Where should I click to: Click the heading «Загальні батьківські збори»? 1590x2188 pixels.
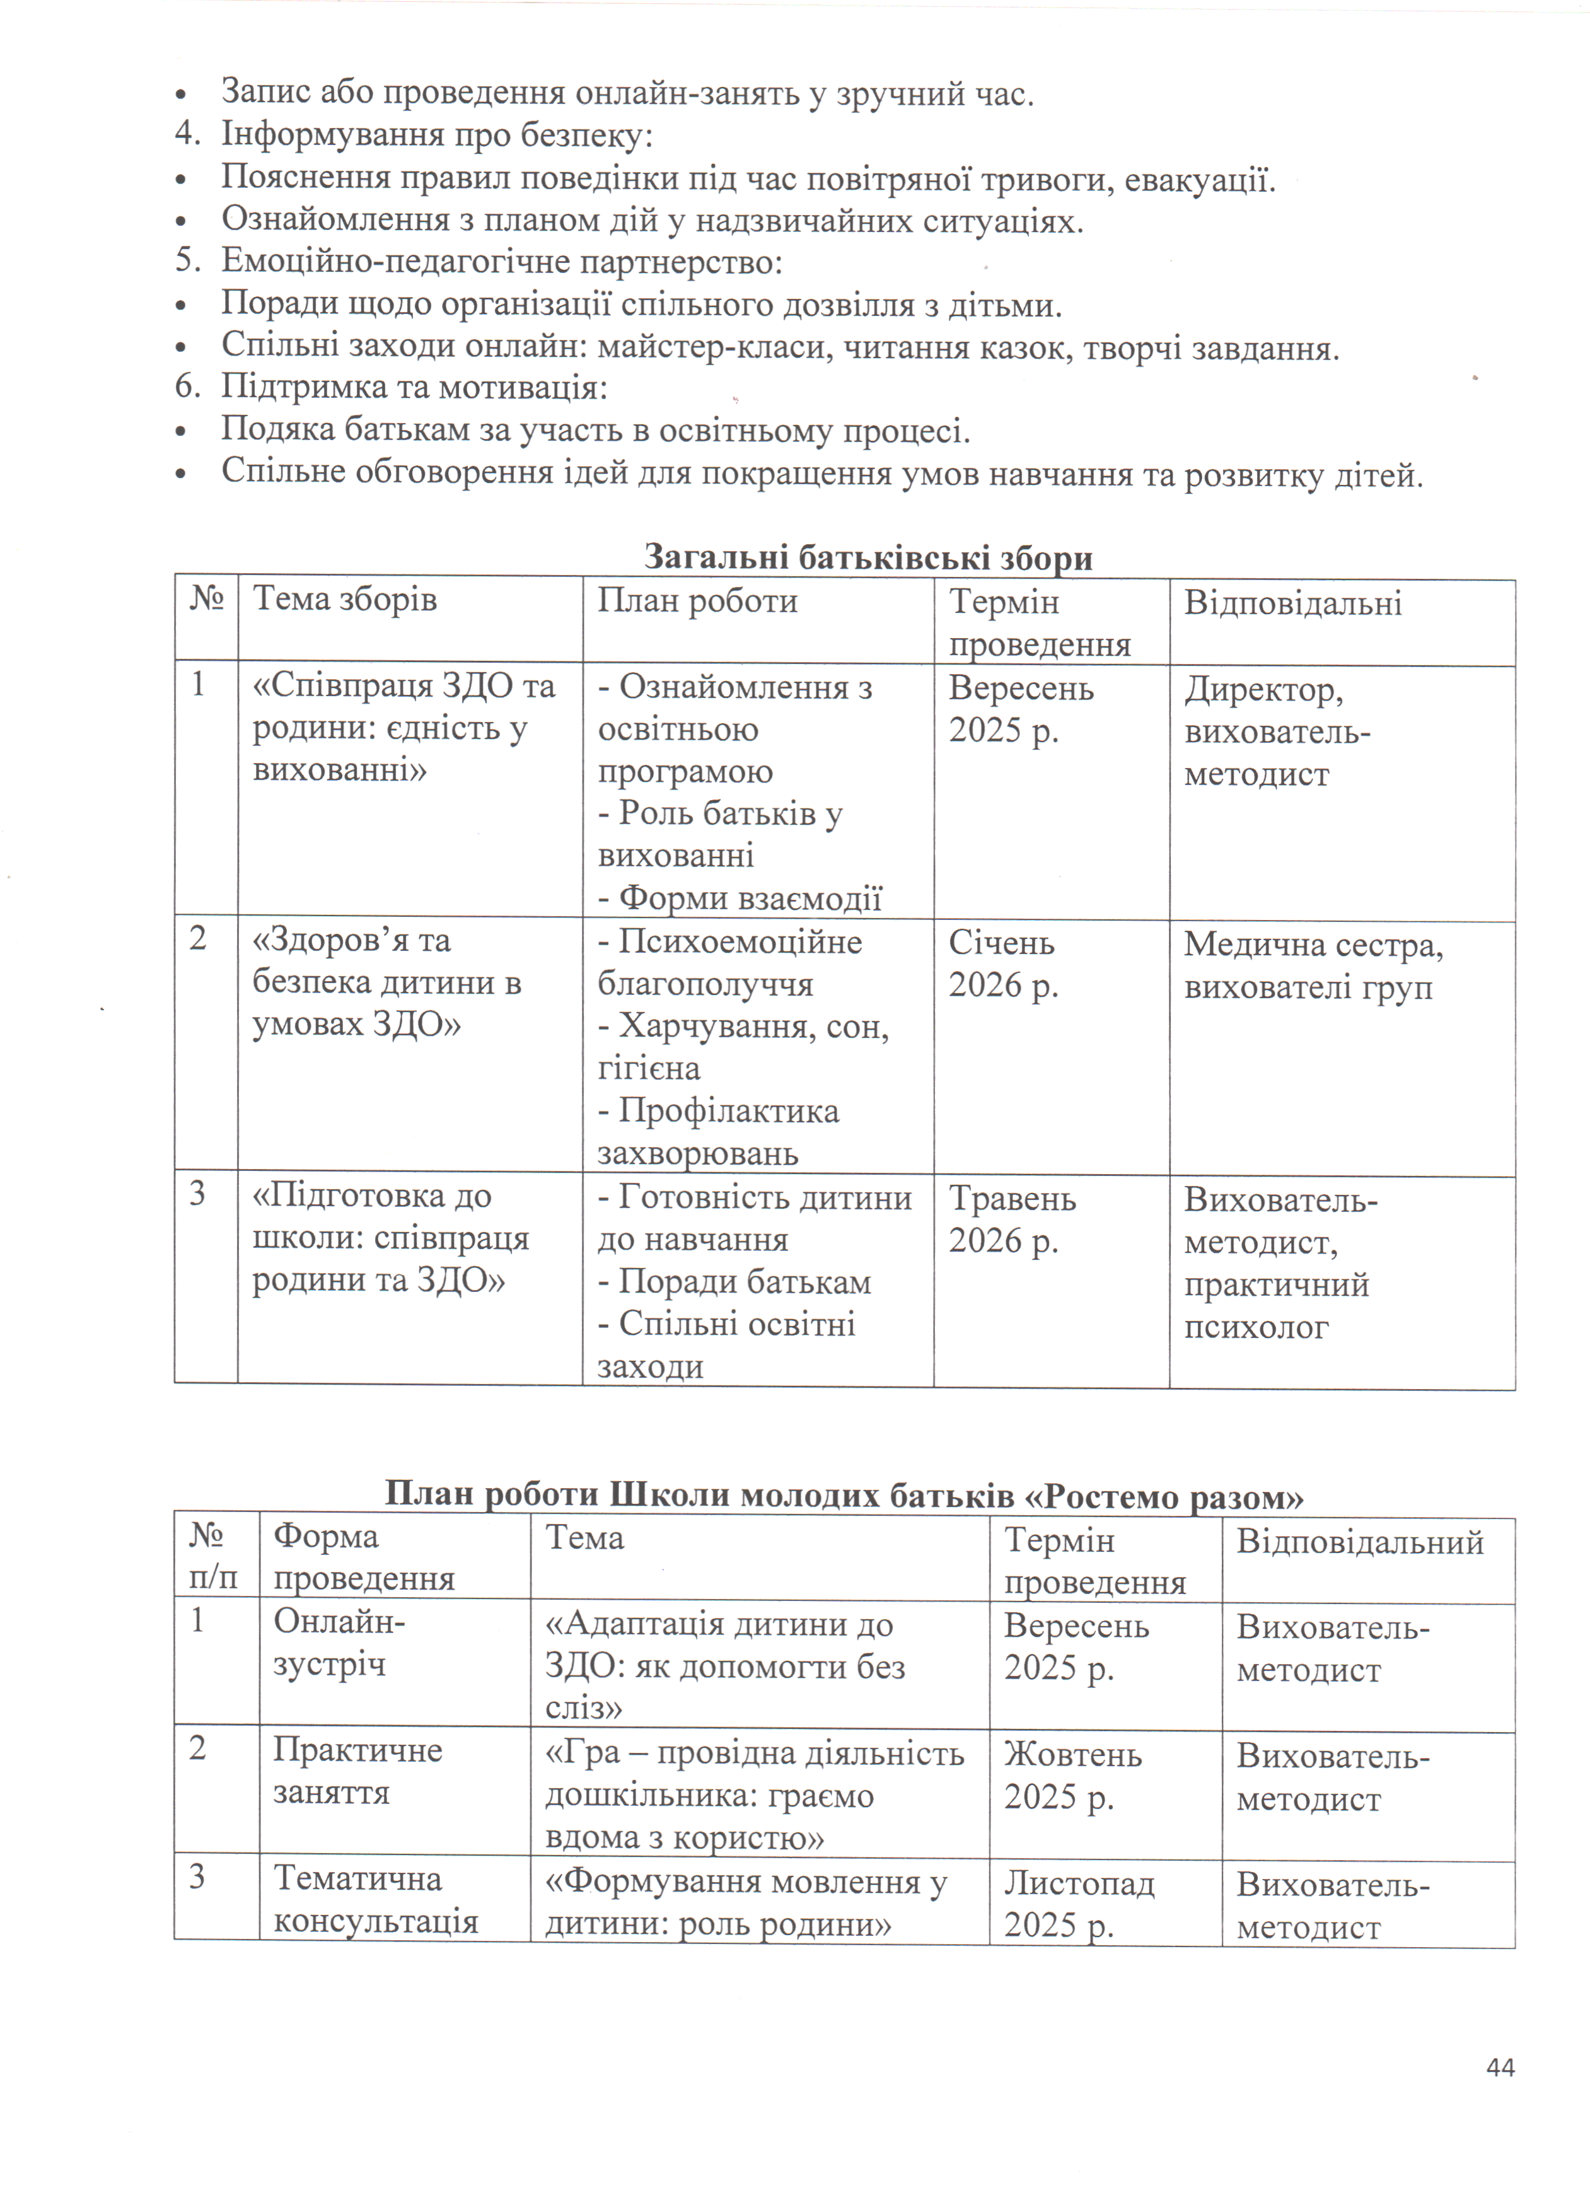868,557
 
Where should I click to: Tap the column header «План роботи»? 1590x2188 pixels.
697,601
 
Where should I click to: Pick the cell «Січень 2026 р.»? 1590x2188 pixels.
1004,963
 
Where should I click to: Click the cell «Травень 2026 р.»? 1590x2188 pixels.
1011,1218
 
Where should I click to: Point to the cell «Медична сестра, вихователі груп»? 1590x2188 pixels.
1312,965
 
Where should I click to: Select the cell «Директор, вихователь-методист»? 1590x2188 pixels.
1277,731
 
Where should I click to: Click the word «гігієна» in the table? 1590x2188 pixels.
648,1068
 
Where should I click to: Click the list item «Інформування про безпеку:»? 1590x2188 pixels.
436,135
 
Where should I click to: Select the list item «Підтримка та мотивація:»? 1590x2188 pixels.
414,387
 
